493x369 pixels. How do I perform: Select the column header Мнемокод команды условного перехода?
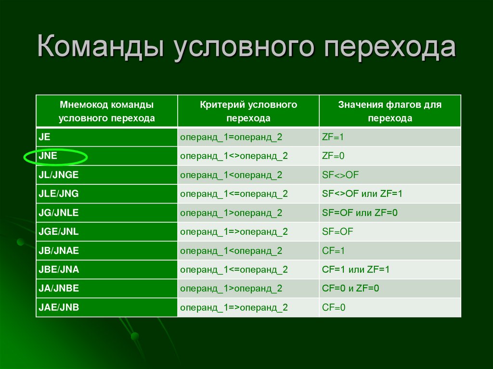point(106,111)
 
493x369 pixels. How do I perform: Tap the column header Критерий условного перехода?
point(248,111)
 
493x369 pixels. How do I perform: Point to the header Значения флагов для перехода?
point(389,111)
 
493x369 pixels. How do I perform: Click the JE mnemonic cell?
point(45,137)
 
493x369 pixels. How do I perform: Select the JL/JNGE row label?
point(58,175)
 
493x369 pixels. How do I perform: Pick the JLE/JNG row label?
point(58,194)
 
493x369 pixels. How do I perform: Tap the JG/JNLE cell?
point(58,213)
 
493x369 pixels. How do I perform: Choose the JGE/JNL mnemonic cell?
point(58,231)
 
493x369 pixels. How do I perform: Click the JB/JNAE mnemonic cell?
point(58,251)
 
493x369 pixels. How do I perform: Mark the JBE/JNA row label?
point(58,269)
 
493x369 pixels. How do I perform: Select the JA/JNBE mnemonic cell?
point(58,289)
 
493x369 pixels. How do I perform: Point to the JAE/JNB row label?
point(58,307)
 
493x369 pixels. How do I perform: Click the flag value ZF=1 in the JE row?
point(333,137)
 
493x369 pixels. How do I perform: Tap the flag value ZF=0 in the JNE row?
point(333,156)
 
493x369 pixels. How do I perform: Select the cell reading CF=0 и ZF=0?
point(350,289)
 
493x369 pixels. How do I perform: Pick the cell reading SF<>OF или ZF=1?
point(362,194)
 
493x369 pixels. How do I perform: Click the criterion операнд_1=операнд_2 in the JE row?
point(231,137)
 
